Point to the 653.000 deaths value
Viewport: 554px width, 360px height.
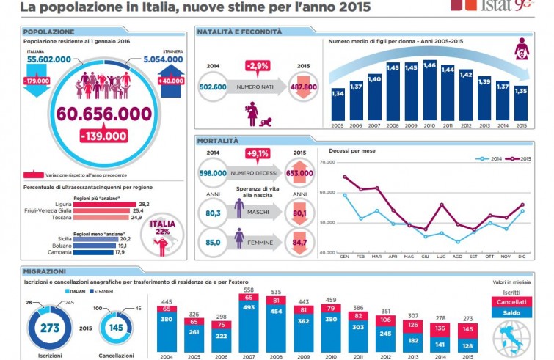pyautogui.click(x=299, y=173)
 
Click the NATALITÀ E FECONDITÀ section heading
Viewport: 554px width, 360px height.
pyautogui.click(x=239, y=32)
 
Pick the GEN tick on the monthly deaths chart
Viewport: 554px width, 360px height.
pyautogui.click(x=343, y=256)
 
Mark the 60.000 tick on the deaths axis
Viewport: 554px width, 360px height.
pyautogui.click(x=326, y=192)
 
